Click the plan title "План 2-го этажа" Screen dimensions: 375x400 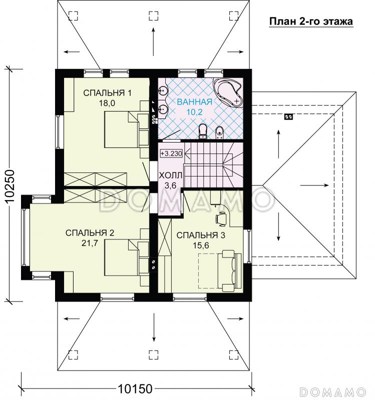point(311,21)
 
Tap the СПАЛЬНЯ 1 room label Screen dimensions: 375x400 point(107,93)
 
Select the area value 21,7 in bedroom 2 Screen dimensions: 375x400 point(90,243)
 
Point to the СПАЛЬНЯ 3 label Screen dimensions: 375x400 point(201,235)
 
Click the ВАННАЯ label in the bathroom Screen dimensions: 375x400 point(195,102)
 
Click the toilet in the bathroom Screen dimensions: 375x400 point(203,131)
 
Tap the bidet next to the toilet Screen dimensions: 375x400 point(219,132)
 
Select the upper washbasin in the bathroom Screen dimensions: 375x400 point(162,89)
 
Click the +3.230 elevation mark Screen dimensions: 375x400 point(171,153)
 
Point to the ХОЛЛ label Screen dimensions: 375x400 point(170,175)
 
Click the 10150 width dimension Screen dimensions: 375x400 point(135,389)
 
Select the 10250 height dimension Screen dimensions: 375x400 point(10,186)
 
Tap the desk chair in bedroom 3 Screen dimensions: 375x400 point(221,218)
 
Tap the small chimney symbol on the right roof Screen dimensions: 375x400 point(288,117)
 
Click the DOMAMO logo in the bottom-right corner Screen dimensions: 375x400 point(333,391)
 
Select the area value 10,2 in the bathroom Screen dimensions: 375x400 point(195,112)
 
